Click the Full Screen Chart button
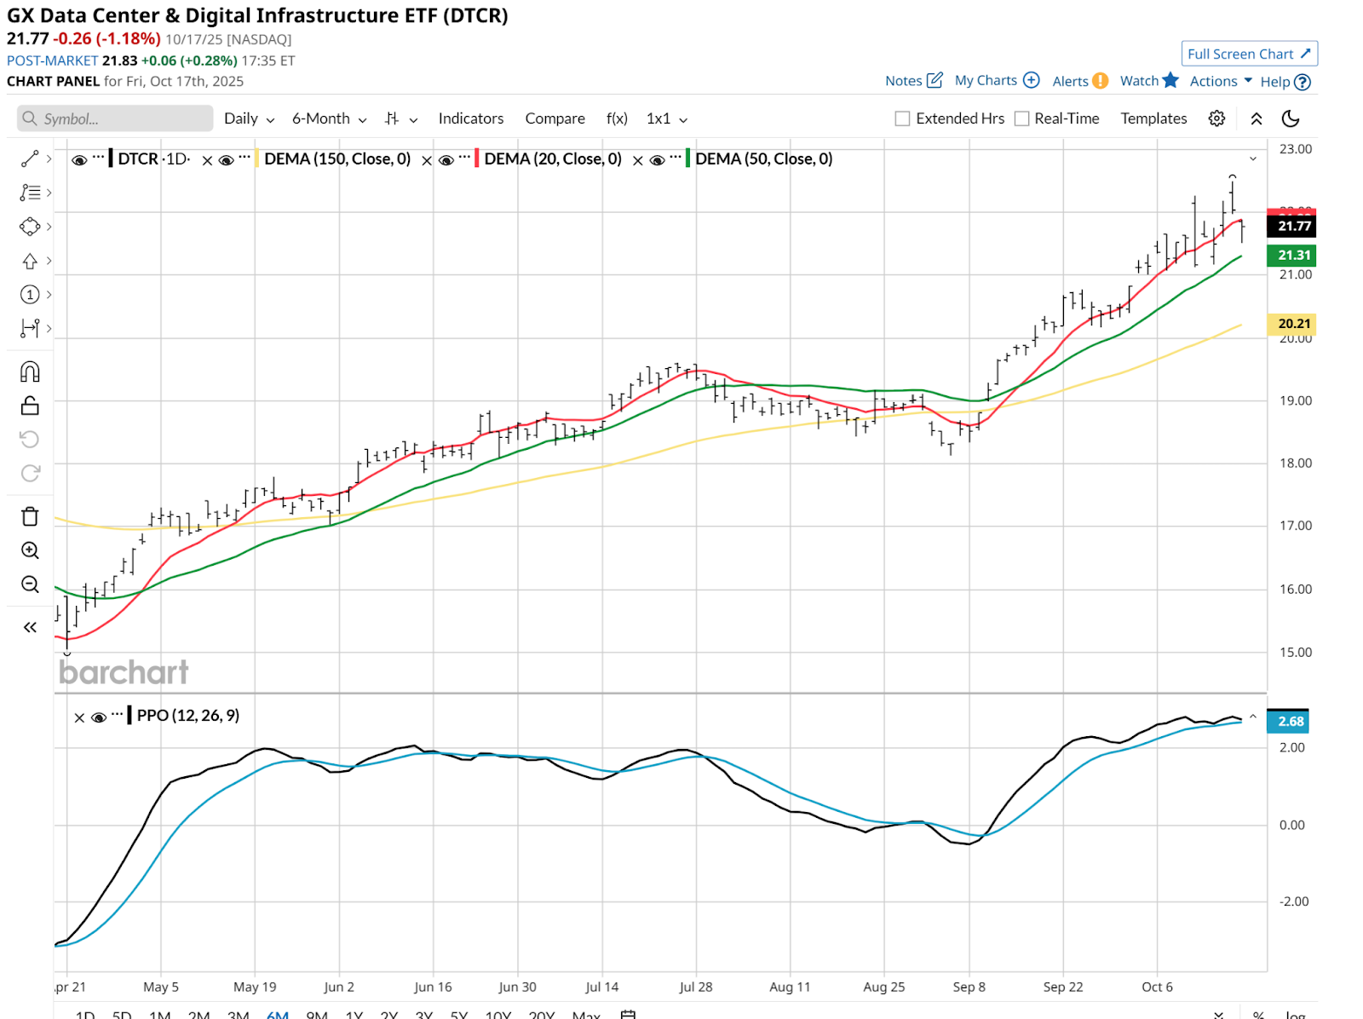tap(1249, 54)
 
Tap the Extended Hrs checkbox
tap(903, 118)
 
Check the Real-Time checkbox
tap(1022, 118)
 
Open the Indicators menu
tap(471, 118)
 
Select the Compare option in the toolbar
tap(555, 118)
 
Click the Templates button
tap(1153, 118)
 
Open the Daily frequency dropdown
tap(248, 118)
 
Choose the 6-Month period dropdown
tap(329, 118)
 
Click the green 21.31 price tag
tap(1292, 255)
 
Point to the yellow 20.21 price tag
tap(1292, 324)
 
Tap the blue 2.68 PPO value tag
tap(1291, 721)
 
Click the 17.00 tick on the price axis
tap(1295, 526)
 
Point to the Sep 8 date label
tap(969, 987)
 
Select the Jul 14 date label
tap(601, 987)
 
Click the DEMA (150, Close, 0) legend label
tap(337, 159)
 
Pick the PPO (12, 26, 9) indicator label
tap(188, 716)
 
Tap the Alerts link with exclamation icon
tap(1079, 81)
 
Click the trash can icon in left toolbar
tap(30, 516)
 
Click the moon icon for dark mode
tap(1291, 118)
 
